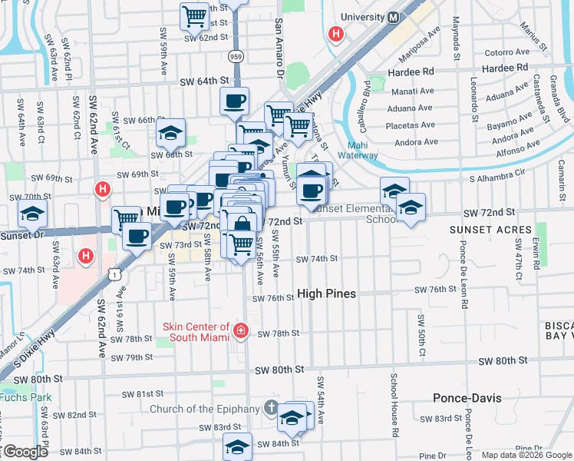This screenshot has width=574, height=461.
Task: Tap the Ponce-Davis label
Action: (x=467, y=398)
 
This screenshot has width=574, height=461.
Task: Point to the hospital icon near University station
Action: (x=335, y=34)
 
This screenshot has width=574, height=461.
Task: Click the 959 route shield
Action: (x=236, y=56)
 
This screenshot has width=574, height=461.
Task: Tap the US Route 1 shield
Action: (x=114, y=273)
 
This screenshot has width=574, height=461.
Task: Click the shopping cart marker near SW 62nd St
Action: (x=195, y=15)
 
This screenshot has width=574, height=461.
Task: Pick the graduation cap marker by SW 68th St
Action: (x=171, y=132)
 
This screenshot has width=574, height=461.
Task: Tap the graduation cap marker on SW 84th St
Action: (x=238, y=446)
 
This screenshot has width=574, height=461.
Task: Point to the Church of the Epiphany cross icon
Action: (x=270, y=408)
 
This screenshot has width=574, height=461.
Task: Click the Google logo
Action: (x=26, y=452)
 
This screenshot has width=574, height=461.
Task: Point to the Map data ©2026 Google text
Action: (x=526, y=455)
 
